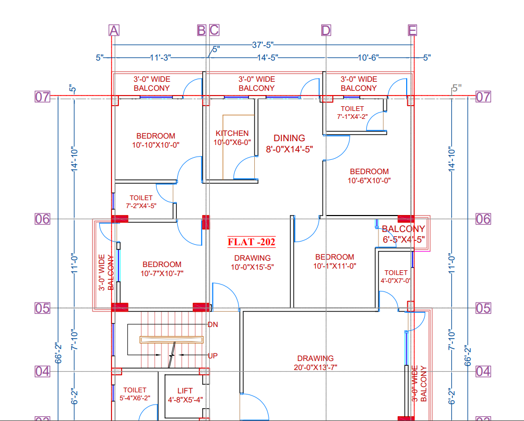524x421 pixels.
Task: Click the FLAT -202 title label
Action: click(x=252, y=242)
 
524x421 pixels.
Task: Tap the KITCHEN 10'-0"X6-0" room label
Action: click(x=232, y=138)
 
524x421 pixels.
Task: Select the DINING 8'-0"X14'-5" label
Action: click(x=289, y=143)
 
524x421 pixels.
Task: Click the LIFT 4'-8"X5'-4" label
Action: click(x=185, y=395)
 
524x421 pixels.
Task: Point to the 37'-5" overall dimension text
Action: click(x=263, y=46)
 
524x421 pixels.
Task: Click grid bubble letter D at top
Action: click(x=326, y=30)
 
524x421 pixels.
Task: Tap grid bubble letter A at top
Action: click(x=114, y=30)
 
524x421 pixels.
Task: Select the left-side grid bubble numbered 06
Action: click(x=42, y=219)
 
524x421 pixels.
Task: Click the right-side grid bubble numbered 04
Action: click(x=483, y=371)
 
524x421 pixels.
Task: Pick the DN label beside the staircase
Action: click(x=212, y=324)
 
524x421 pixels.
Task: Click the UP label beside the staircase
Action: click(x=212, y=355)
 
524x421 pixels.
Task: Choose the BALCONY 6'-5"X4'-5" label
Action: click(x=403, y=234)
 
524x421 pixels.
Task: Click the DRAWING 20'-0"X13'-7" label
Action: click(x=315, y=363)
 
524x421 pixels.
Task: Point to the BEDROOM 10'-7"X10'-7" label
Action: click(x=161, y=269)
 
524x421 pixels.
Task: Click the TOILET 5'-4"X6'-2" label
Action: click(x=135, y=393)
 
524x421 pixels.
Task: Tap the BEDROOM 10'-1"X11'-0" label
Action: click(x=334, y=261)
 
